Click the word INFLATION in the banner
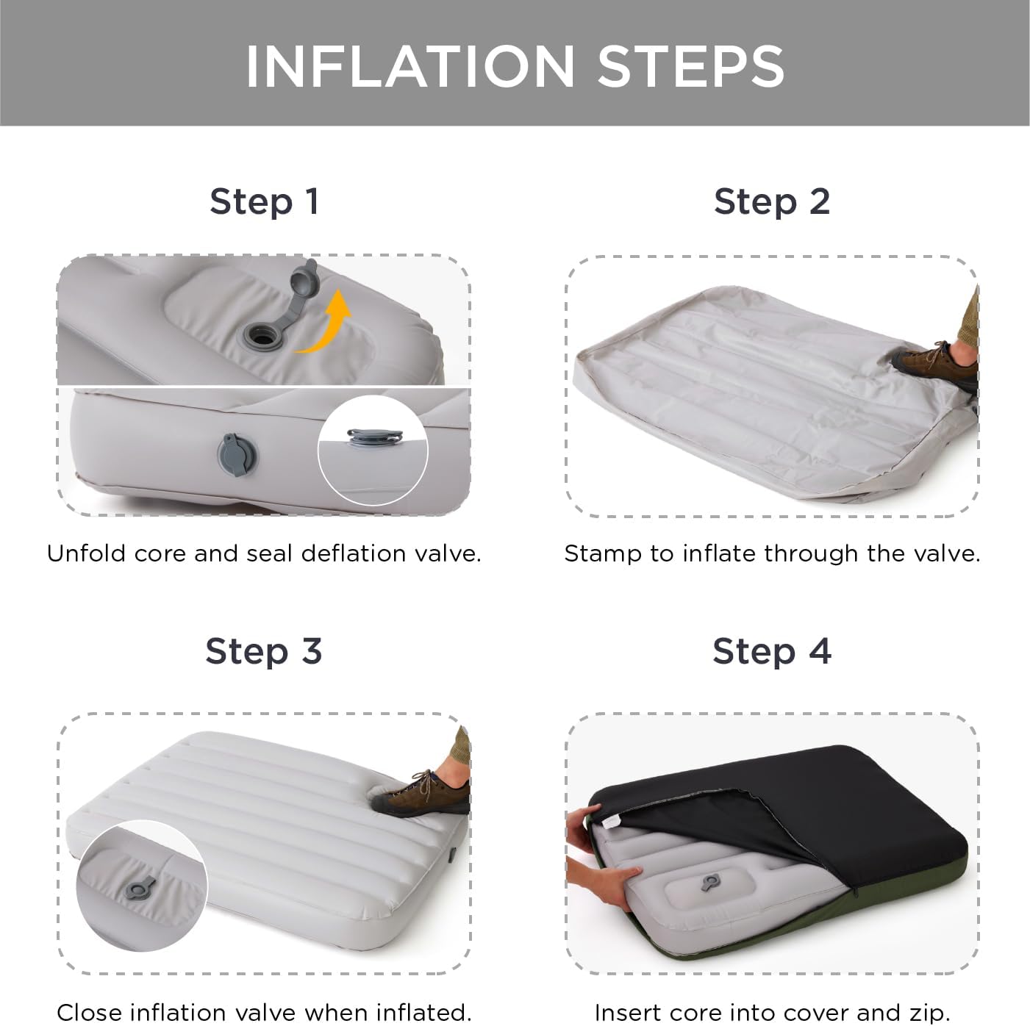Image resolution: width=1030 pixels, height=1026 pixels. pos(410,66)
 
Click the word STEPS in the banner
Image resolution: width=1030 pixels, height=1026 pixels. pos(691,66)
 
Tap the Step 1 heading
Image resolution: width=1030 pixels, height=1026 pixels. pos(265,202)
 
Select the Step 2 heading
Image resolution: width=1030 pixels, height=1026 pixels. pos(772,202)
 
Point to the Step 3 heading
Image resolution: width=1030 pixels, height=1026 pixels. pos(263,651)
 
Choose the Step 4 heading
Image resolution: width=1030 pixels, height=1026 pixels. pos(772,651)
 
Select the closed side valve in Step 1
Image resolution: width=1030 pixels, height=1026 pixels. pos(236,455)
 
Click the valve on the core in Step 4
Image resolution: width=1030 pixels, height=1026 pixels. pos(712,883)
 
